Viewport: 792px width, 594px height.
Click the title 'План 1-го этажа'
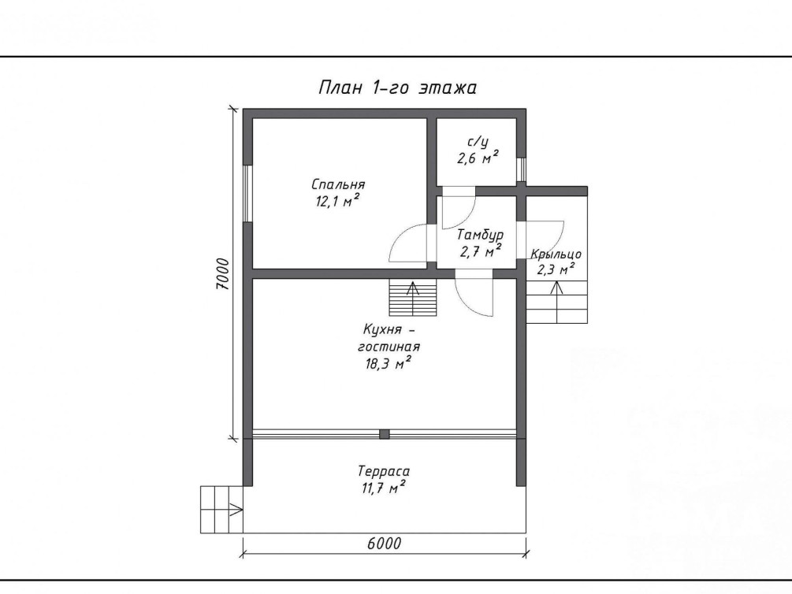pos(397,88)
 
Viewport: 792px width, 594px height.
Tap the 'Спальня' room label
pos(338,184)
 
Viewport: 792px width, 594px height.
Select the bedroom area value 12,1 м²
pos(338,202)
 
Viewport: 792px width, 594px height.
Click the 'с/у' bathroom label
pos(478,142)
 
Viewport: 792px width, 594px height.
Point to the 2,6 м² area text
pos(478,158)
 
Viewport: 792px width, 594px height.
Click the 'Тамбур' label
pos(480,236)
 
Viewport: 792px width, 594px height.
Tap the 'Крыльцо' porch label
pos(556,254)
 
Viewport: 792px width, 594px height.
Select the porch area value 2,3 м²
pos(556,269)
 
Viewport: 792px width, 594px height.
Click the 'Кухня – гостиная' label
pos(389,339)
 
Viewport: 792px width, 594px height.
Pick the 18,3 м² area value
pos(388,363)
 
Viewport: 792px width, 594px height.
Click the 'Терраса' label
pos(384,472)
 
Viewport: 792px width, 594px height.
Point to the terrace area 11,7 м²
pos(383,488)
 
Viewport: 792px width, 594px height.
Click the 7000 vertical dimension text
pos(223,274)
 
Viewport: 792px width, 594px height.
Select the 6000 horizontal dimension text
pos(384,544)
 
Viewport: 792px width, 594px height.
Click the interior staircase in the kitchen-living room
pos(413,298)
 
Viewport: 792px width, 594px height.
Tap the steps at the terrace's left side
pos(221,509)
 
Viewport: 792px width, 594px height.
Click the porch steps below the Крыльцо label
pos(556,302)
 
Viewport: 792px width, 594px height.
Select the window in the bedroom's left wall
pos(247,194)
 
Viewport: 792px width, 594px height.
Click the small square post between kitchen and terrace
pos(385,434)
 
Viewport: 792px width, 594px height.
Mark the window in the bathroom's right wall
pos(521,170)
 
